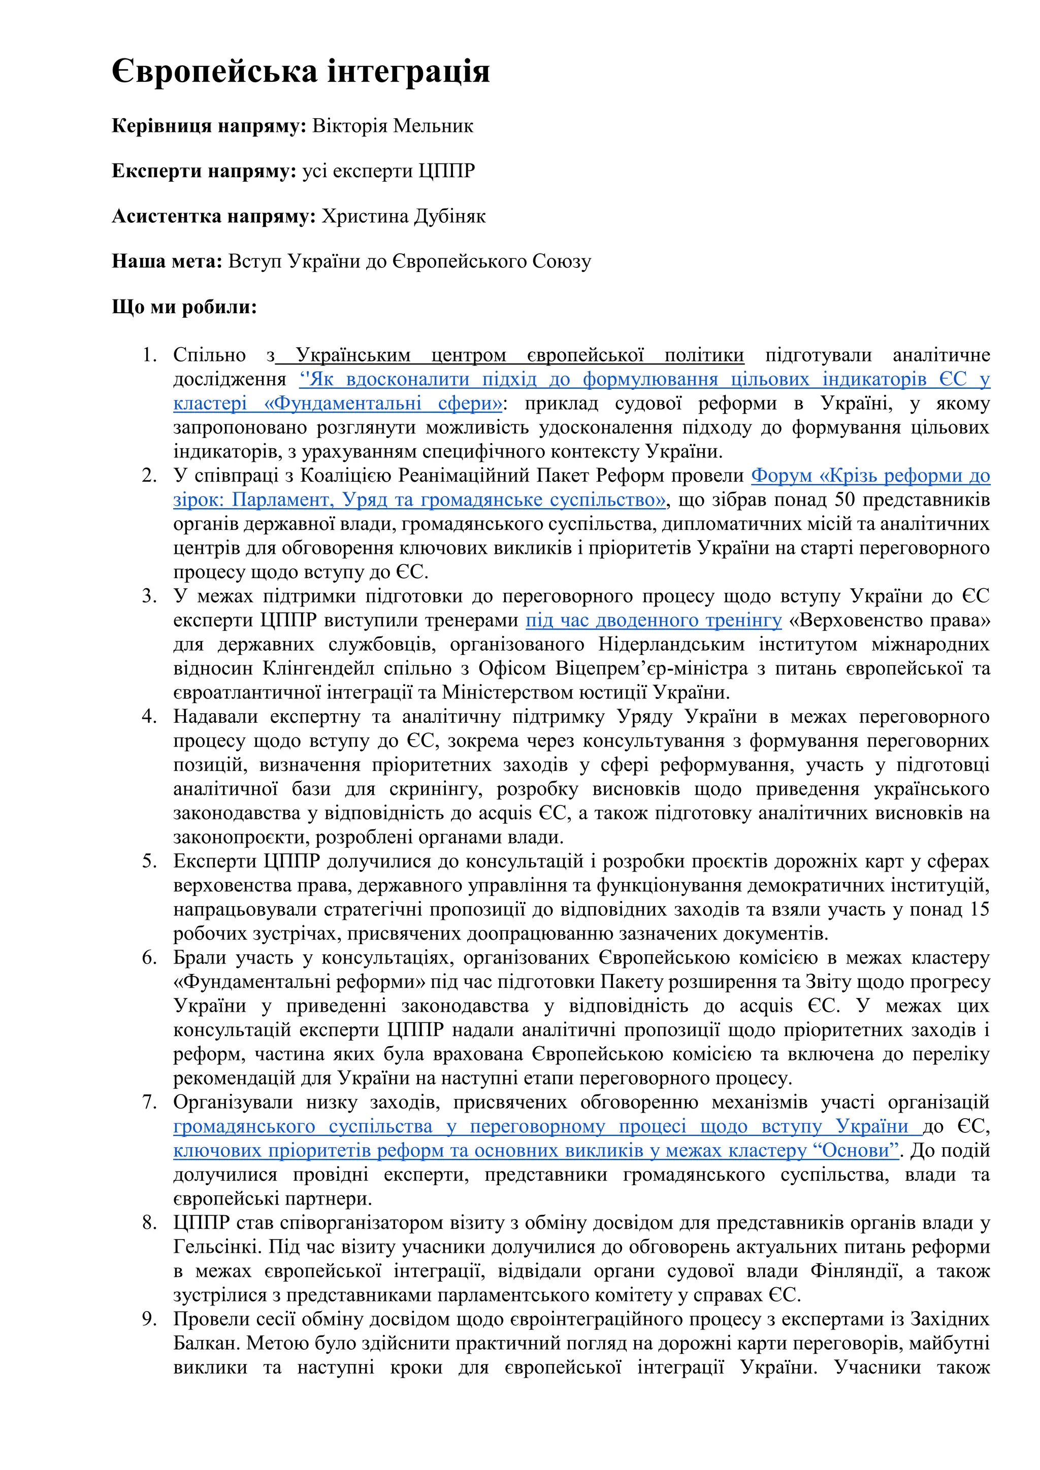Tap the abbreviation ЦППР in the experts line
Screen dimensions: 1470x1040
pos(446,171)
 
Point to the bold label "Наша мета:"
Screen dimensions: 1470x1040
pos(167,261)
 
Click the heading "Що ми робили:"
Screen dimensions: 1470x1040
pos(184,307)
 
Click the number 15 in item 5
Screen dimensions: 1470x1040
pos(979,910)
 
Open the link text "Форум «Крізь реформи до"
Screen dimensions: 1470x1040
pos(870,476)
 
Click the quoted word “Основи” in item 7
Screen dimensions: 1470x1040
pos(856,1151)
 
